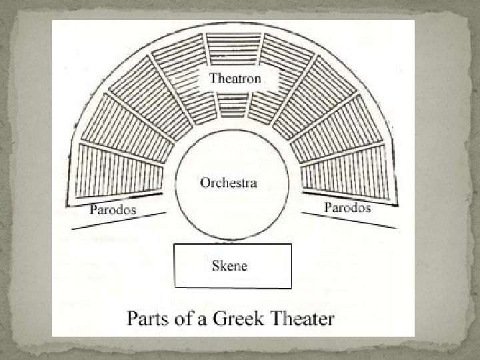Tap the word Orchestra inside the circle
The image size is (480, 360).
coord(229,183)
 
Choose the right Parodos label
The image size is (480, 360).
coord(347,207)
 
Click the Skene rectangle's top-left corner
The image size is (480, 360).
coord(175,245)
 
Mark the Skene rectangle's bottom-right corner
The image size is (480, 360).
coord(291,287)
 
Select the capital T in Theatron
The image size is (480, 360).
coord(214,78)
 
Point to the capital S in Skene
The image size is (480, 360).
coord(215,265)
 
